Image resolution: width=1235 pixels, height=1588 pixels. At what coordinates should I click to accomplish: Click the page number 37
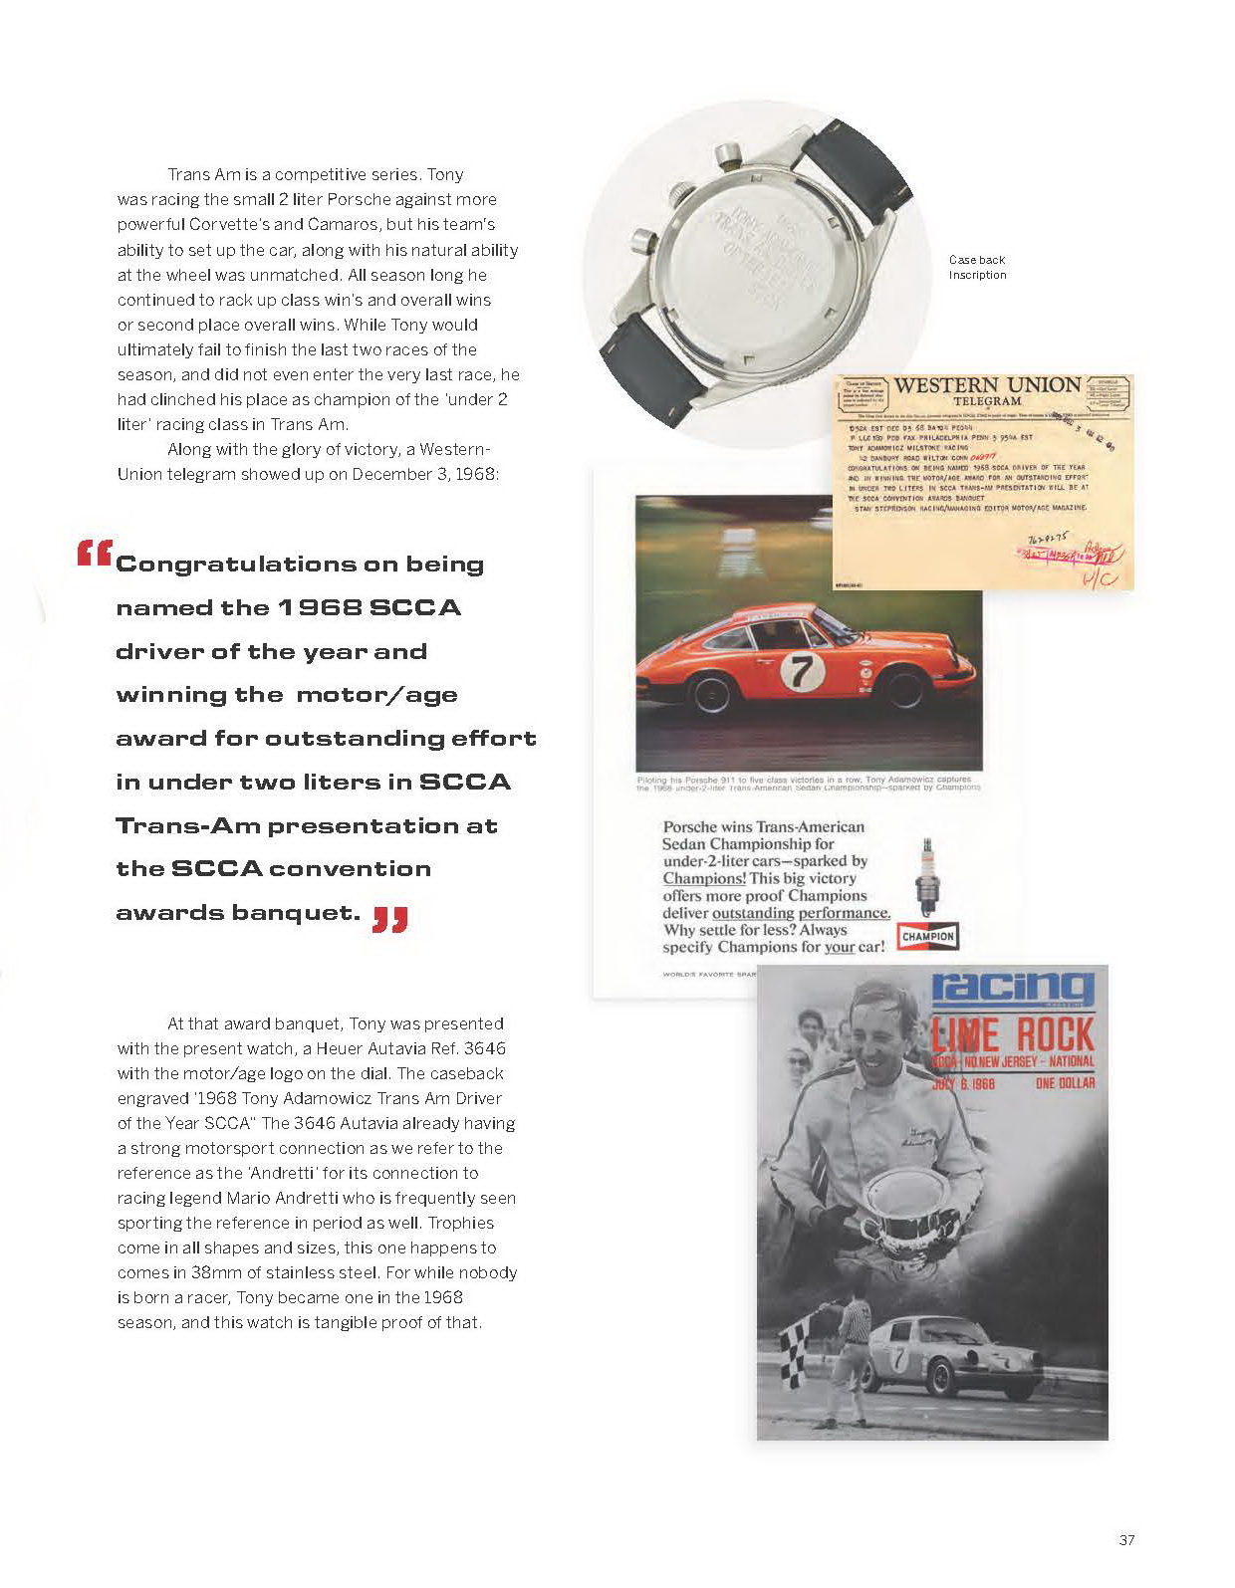(x=1126, y=1539)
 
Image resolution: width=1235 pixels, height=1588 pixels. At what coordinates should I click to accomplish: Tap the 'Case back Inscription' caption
(x=977, y=267)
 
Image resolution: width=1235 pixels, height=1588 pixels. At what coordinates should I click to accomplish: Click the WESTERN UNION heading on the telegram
(x=987, y=385)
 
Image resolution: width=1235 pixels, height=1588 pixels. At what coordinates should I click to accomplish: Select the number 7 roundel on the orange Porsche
(x=797, y=672)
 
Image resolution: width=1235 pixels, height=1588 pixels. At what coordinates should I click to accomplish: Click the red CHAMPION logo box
(x=927, y=936)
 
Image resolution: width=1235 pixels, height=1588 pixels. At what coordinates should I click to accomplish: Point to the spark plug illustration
(x=928, y=876)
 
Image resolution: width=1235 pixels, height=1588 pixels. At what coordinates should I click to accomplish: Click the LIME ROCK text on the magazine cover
(x=1012, y=1035)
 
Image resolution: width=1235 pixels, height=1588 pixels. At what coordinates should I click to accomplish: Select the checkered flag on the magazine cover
(x=794, y=1358)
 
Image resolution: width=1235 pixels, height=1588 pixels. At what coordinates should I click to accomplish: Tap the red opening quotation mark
(x=94, y=553)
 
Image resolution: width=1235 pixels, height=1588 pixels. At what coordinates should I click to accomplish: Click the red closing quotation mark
(x=390, y=918)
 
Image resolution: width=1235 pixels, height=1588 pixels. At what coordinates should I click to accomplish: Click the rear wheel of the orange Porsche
(x=712, y=693)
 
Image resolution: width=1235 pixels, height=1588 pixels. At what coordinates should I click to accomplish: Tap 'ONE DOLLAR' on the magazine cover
(x=1064, y=1082)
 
